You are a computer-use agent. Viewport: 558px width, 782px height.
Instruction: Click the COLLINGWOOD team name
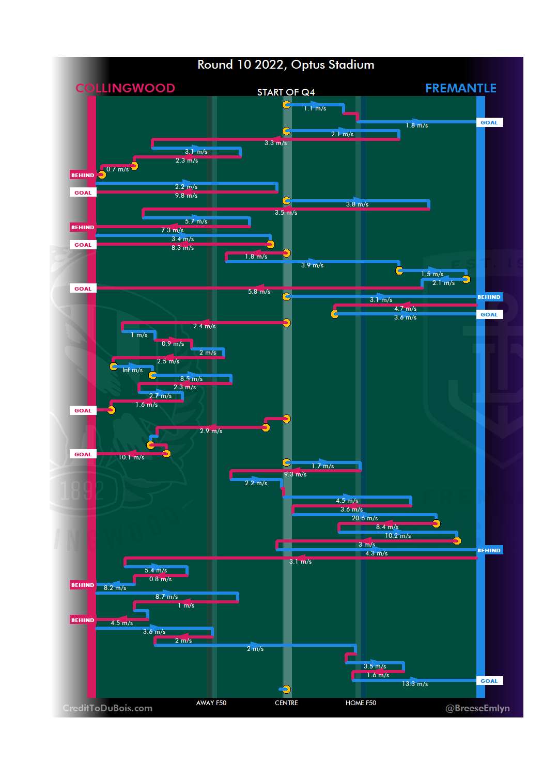tap(125, 88)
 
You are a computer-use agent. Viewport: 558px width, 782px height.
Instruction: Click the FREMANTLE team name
tap(460, 88)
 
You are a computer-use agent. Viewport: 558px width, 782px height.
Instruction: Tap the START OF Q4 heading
tap(286, 92)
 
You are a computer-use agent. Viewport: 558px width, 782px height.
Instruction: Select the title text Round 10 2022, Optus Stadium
tap(286, 65)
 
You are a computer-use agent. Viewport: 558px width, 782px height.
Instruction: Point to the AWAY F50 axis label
tap(211, 703)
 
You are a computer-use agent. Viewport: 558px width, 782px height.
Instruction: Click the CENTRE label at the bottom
tap(286, 703)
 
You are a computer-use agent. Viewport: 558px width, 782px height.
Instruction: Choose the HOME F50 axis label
tap(361, 703)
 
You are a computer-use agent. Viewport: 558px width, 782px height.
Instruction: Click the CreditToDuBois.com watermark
tap(107, 708)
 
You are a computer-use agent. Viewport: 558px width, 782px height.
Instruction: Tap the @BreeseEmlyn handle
tap(477, 708)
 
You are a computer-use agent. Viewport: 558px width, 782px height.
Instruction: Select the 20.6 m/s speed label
tap(365, 518)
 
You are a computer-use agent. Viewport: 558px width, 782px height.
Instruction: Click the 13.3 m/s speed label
tap(415, 684)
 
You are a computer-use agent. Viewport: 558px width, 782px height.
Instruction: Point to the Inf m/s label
tap(132, 370)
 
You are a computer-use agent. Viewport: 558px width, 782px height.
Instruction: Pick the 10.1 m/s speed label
tap(131, 457)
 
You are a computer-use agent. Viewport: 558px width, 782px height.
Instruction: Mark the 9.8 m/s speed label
tap(186, 196)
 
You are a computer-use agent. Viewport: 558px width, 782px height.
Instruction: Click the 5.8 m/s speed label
tap(259, 292)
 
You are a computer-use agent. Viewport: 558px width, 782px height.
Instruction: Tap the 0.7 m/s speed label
tap(117, 169)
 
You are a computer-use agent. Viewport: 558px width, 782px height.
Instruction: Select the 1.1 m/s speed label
tap(315, 108)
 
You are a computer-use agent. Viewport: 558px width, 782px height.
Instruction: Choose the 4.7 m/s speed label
tap(405, 309)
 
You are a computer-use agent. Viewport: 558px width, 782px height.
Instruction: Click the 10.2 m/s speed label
tap(398, 536)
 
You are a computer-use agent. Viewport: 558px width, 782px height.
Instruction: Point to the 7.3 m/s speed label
tap(172, 230)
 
